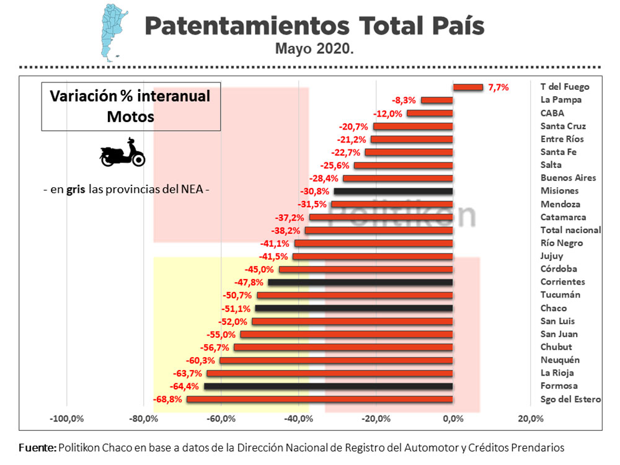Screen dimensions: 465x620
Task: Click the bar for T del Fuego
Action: pos(467,87)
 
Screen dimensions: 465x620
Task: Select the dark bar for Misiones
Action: pos(393,192)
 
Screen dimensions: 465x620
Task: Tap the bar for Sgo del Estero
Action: pos(319,399)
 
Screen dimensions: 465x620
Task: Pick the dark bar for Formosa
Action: pos(328,386)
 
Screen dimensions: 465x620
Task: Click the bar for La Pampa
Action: pos(437,100)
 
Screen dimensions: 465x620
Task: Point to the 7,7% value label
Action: pos(498,87)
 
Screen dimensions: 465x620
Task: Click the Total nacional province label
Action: pos(570,230)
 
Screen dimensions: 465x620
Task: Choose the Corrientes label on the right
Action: pos(562,282)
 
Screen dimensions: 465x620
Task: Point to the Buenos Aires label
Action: pos(568,178)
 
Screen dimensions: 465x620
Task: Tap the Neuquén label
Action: pos(560,360)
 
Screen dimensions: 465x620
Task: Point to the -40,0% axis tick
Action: pos(299,418)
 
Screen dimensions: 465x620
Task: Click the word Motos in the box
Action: pos(130,116)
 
